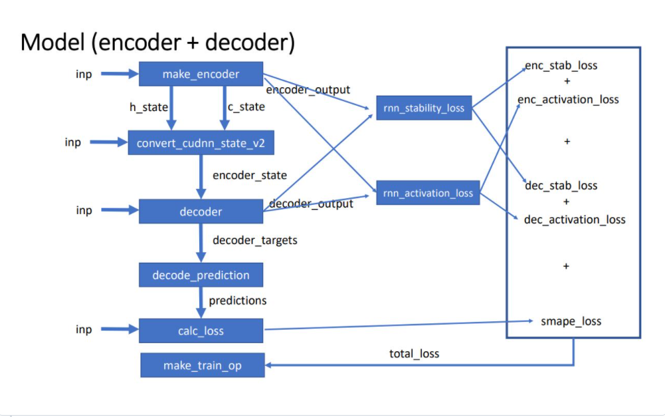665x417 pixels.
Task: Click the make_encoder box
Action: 201,74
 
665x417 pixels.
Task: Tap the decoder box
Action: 201,211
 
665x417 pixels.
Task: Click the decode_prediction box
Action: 201,275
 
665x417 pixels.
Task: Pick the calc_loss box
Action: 201,331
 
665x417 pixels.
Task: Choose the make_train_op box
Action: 202,366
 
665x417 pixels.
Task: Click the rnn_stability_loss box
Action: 424,108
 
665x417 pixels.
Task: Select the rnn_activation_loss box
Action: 428,193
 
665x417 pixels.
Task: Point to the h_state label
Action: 148,107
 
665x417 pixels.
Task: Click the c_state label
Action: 247,107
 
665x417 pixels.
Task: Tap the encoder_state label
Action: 249,176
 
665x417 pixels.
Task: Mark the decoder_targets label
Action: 254,240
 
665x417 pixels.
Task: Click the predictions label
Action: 238,301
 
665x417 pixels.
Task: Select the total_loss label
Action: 414,354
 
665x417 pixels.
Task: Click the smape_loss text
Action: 571,321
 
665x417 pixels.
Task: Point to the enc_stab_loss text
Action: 561,66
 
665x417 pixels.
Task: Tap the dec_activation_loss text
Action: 575,219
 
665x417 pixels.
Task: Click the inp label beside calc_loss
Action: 84,330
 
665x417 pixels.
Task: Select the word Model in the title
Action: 51,42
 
